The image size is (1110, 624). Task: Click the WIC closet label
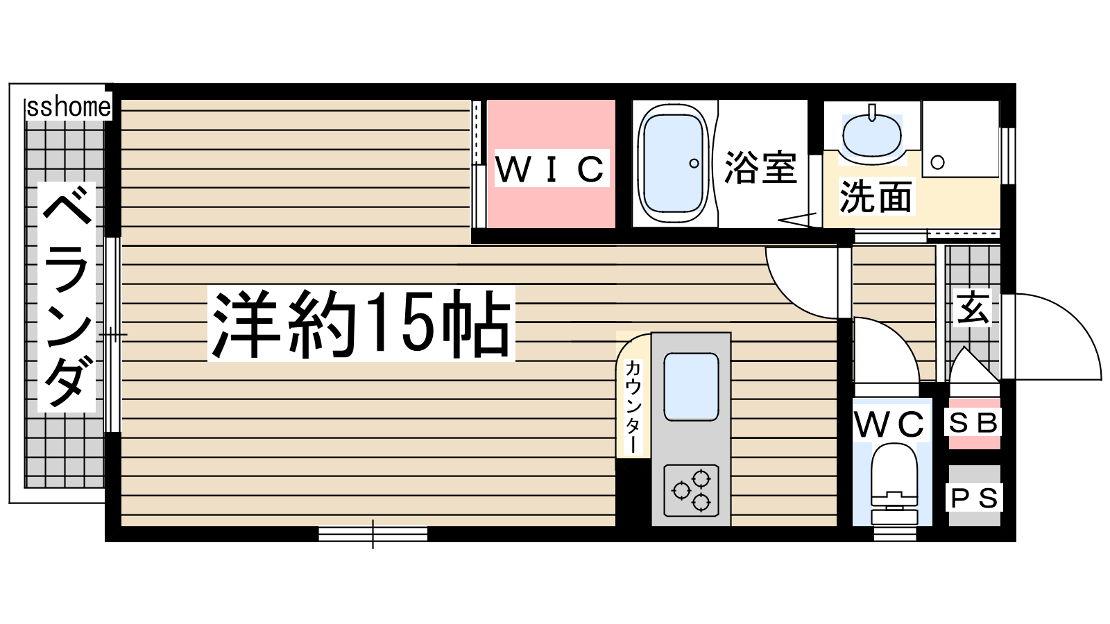551,168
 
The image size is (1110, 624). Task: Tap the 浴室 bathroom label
760,167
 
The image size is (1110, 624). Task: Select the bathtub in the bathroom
674,164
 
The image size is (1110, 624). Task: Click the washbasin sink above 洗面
872,134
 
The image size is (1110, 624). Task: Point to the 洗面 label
876,197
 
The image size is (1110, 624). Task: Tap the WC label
889,424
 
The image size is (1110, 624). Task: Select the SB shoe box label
972,423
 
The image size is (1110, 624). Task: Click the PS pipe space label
974,498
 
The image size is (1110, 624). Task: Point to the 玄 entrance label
973,308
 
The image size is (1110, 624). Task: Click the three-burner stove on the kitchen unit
691,490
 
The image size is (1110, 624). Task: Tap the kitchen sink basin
691,387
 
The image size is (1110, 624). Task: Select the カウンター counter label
632,406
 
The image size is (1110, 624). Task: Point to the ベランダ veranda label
67,297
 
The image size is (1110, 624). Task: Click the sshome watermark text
69,107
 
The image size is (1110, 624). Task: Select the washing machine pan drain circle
937,162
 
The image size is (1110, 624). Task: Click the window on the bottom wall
373,533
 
